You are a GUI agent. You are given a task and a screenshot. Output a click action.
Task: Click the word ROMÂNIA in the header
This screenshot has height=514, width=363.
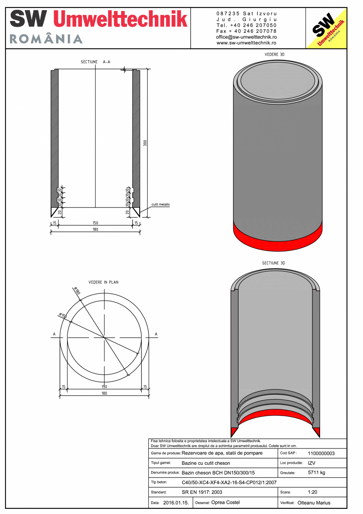click(x=46, y=39)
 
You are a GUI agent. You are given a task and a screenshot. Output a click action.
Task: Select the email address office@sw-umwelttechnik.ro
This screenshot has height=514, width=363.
click(x=247, y=37)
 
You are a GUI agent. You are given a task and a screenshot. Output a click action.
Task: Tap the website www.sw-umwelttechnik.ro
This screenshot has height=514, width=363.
click(x=247, y=43)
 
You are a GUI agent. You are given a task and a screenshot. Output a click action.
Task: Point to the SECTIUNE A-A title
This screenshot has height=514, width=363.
click(x=95, y=62)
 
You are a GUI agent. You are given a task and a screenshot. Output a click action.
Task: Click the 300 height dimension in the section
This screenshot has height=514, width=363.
click(x=145, y=143)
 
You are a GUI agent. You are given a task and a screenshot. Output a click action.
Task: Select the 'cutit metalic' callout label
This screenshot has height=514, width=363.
click(x=161, y=205)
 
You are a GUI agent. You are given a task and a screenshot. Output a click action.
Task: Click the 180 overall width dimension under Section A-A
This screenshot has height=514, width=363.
click(x=95, y=230)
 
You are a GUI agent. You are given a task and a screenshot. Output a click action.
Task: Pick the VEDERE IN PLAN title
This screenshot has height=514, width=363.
click(x=103, y=282)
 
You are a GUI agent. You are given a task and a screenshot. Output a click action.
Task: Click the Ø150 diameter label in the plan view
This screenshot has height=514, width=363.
click(x=63, y=316)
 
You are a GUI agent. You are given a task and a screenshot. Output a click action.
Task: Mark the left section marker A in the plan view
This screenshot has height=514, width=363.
click(x=54, y=334)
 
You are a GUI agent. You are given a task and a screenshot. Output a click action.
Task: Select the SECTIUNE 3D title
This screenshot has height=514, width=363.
click(x=273, y=263)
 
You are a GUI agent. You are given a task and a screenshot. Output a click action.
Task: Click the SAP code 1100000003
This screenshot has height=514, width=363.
click(x=321, y=453)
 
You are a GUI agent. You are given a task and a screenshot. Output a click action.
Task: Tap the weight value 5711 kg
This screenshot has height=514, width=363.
click(x=316, y=473)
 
